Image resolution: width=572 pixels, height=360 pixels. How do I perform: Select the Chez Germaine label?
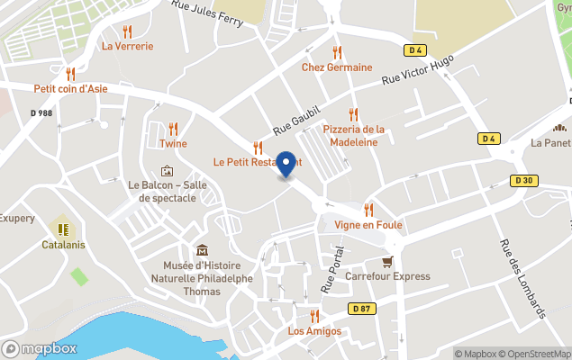[337, 67]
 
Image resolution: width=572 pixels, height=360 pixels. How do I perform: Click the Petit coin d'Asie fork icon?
[70, 74]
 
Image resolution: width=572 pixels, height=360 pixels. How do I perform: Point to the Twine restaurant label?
[173, 143]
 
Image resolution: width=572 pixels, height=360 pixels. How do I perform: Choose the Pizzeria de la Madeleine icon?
[354, 114]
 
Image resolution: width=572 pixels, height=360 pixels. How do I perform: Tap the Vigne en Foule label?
[368, 224]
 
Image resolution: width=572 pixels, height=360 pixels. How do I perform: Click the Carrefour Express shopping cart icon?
[387, 261]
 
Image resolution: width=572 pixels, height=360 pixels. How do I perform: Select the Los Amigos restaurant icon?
[314, 316]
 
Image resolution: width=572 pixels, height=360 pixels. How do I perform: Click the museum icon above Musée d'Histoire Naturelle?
[201, 250]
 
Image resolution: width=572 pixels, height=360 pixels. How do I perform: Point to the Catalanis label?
[61, 244]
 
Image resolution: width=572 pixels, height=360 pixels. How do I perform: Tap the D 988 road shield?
[41, 112]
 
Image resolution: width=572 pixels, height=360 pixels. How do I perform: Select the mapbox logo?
[40, 348]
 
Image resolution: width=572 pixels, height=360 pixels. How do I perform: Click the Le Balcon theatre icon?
[167, 170]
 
